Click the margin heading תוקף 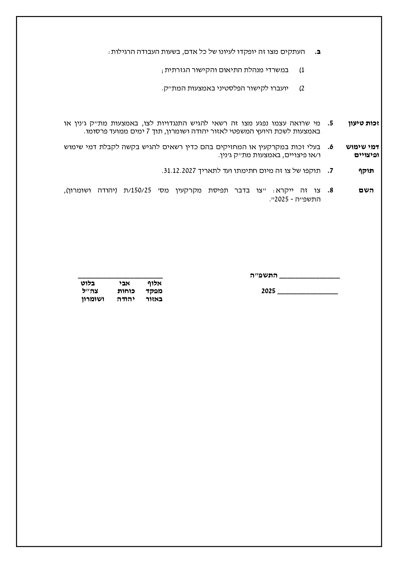click(366, 171)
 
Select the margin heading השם click(366, 191)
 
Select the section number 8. click(331, 191)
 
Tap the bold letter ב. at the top click(318, 52)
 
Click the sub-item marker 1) click(302, 70)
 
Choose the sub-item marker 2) click(302, 89)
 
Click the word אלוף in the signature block click(155, 283)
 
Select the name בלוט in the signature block click(88, 283)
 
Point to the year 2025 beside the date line click(268, 291)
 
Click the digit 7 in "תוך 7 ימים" click(148, 132)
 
